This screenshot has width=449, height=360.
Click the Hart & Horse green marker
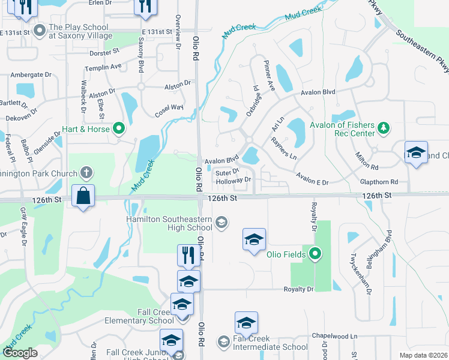coord(119,128)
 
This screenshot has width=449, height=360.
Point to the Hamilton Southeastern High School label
coord(169,223)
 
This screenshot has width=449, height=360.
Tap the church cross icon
coord(86,173)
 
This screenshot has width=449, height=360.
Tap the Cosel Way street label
coord(169,107)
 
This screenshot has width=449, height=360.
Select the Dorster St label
coord(100,53)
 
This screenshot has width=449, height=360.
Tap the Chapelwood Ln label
coord(334,337)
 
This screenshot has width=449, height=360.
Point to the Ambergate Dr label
coord(31,75)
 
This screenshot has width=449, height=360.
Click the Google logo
coord(20,353)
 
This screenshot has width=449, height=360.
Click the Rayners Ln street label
coord(284,148)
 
